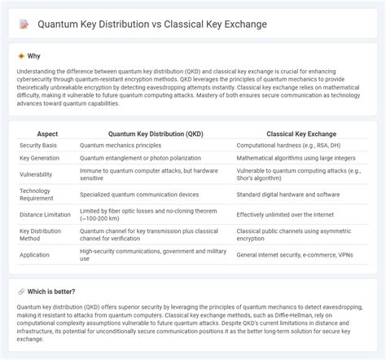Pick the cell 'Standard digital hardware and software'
tap(287, 193)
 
